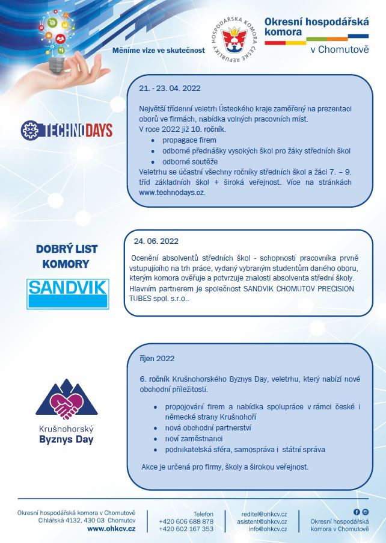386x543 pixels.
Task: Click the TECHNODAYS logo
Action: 66,129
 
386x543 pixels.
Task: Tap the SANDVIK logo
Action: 67,293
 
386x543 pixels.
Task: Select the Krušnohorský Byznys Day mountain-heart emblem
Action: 67,400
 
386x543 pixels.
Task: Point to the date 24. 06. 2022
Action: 156,241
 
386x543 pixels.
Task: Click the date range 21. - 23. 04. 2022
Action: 170,88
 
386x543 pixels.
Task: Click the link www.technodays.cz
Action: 172,193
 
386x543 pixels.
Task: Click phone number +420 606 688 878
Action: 186,521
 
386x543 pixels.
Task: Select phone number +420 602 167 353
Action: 186,529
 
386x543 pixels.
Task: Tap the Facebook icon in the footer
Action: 357,512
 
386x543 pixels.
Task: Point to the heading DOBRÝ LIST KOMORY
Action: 67,256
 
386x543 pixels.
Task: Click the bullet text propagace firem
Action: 188,139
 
